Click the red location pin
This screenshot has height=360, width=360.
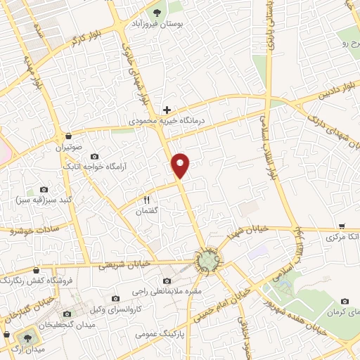coord(181,165)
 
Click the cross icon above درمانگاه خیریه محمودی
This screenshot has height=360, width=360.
coord(167,109)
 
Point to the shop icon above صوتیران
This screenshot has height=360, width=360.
coord(67,136)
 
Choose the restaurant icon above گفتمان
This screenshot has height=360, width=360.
coord(147,200)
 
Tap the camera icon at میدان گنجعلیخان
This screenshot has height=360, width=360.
coord(68,314)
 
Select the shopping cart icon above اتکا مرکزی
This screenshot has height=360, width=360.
coord(342,226)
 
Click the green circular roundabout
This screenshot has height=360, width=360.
coord(207,262)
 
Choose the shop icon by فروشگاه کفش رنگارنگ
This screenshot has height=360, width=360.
coord(36,269)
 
